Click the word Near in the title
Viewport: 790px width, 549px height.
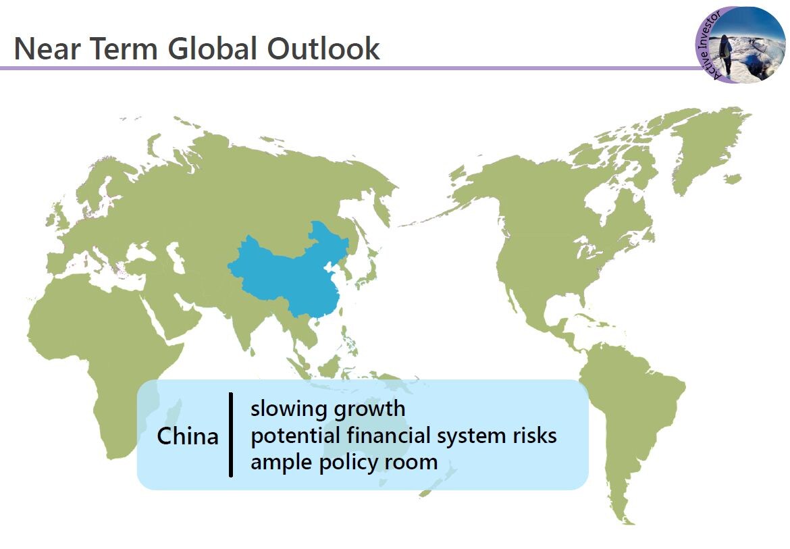(x=47, y=49)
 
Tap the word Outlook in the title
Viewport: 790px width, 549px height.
(x=323, y=49)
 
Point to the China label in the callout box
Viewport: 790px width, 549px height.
(x=188, y=436)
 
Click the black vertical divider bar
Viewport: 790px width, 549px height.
(x=231, y=434)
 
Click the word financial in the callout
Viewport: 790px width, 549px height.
(x=388, y=435)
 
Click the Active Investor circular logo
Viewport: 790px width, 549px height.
(x=740, y=45)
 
